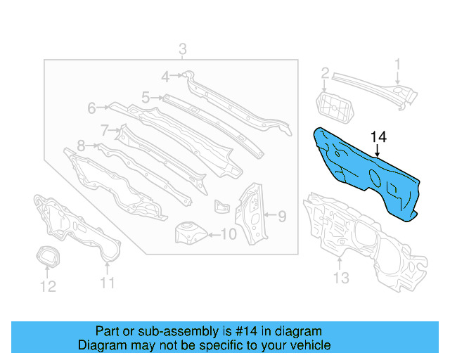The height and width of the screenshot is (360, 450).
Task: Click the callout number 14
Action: point(378,136)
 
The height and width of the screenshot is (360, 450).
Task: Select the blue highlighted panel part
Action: point(366,172)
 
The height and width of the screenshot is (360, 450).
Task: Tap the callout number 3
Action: point(182,49)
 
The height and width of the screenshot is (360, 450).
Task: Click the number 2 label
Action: point(325,73)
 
